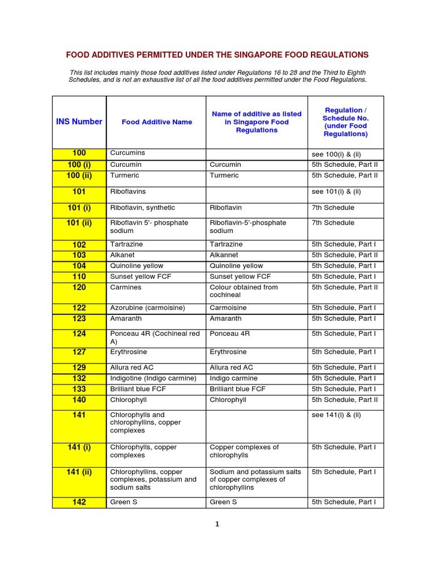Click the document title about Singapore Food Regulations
point(217,55)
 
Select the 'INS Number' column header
point(79,122)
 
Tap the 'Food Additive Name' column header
point(156,122)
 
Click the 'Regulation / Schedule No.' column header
point(346,122)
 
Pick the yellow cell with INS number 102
point(79,245)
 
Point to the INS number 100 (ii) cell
point(79,176)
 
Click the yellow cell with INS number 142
point(79,502)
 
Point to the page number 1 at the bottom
point(217,524)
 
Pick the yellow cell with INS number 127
point(79,352)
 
